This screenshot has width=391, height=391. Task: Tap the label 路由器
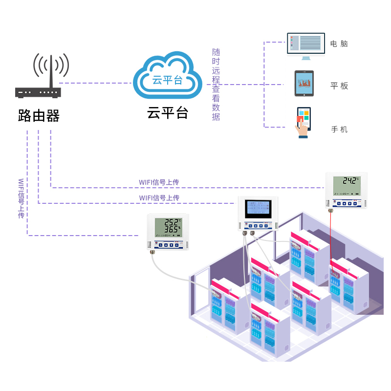click(39, 116)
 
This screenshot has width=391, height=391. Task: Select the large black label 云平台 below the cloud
click(168, 113)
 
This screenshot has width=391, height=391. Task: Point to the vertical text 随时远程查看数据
click(216, 84)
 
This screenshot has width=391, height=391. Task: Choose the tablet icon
click(304, 84)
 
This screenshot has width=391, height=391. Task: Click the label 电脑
click(339, 43)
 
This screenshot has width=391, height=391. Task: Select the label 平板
click(339, 86)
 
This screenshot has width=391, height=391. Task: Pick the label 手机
click(339, 130)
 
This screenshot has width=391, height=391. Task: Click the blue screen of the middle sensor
click(258, 209)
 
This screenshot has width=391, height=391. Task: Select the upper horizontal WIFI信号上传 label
click(159, 182)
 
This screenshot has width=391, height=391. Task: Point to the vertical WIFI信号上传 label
click(21, 198)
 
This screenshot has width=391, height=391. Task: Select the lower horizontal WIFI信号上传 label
click(159, 198)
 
